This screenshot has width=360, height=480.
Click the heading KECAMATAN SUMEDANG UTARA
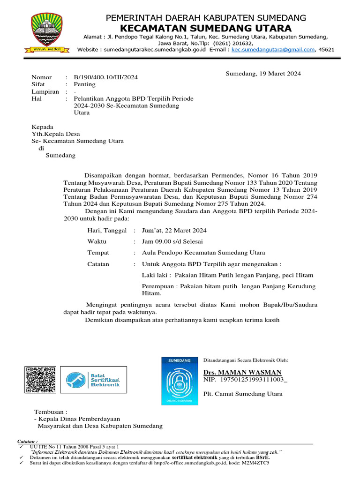(x=206, y=28)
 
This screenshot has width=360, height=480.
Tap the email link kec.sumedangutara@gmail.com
(x=273, y=49)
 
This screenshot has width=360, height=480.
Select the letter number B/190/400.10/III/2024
(x=106, y=77)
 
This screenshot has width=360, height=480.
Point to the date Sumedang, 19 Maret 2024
(x=263, y=74)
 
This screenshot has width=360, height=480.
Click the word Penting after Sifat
(x=84, y=84)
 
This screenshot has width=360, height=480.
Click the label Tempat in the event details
(x=98, y=253)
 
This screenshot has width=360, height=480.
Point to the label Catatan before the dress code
(x=98, y=264)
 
